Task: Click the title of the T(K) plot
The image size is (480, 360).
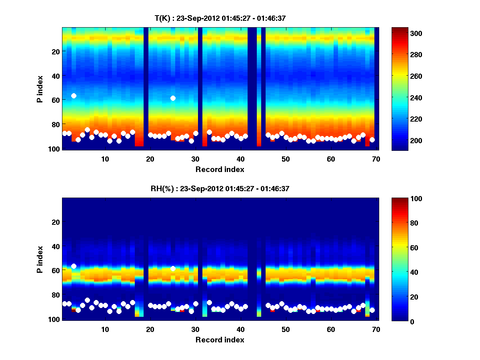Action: (x=220, y=18)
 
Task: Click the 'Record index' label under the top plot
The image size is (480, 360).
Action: (x=220, y=169)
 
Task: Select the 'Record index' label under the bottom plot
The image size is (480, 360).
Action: (x=220, y=340)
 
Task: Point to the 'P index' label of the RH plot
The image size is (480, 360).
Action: (x=40, y=259)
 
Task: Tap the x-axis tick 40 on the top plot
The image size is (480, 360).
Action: (x=240, y=158)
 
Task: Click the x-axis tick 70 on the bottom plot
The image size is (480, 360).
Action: (x=376, y=329)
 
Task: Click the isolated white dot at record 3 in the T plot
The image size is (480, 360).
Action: (x=74, y=96)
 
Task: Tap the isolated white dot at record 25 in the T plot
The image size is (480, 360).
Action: (x=173, y=98)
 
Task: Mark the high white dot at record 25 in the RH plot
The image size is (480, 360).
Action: (x=173, y=268)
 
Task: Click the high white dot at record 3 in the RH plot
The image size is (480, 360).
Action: (x=74, y=266)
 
